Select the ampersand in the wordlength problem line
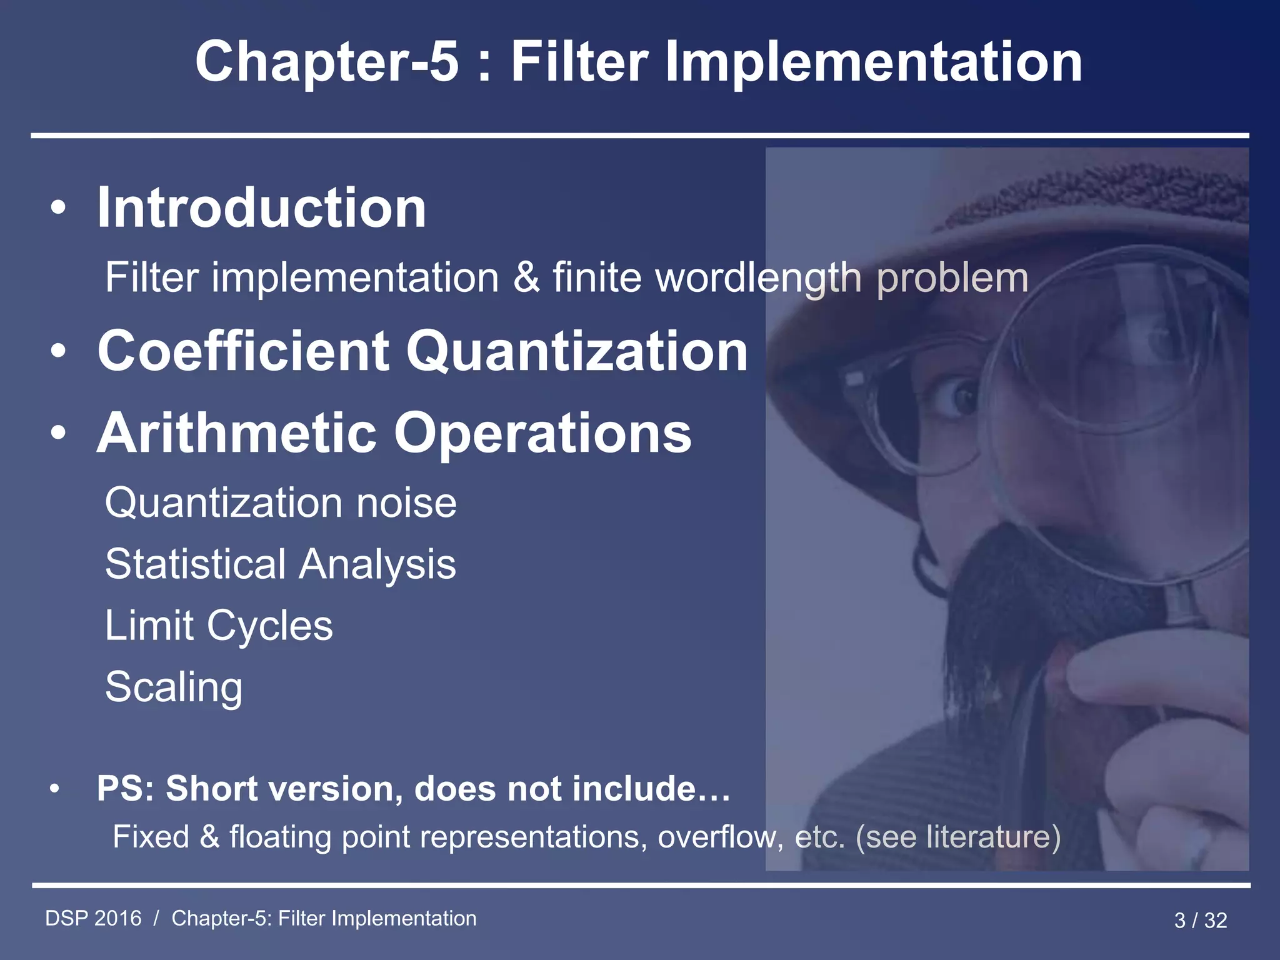point(526,277)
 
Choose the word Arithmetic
point(237,432)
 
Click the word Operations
point(542,432)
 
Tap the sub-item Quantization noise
point(281,502)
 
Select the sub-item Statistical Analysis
point(281,564)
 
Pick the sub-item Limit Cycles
point(219,625)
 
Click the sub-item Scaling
point(174,686)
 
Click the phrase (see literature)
point(957,836)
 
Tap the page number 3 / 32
point(1200,920)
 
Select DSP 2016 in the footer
point(94,918)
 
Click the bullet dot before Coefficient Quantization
point(58,351)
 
